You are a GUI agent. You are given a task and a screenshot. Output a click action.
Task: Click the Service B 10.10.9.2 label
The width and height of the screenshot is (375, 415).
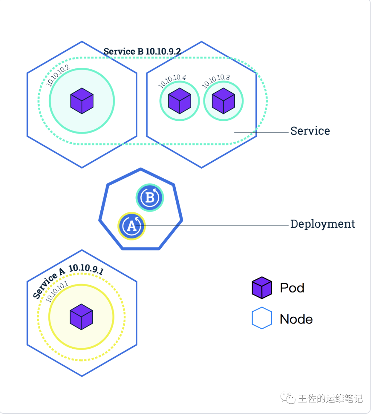pyautogui.click(x=142, y=51)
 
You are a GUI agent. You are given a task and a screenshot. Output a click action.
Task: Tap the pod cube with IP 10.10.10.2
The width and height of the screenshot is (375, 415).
pyautogui.click(x=82, y=101)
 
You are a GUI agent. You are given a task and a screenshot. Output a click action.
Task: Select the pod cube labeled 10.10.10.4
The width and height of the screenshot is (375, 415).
pyautogui.click(x=180, y=101)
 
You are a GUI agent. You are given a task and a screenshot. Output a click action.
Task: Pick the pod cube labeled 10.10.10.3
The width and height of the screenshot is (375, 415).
pyautogui.click(x=223, y=101)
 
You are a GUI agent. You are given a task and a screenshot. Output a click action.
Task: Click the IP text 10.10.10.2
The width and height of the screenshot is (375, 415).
pyautogui.click(x=58, y=75)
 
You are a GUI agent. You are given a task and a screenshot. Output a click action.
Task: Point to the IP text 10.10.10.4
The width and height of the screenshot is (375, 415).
pyautogui.click(x=172, y=81)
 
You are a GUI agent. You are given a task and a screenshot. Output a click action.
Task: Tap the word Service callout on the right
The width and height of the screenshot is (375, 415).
pyautogui.click(x=310, y=131)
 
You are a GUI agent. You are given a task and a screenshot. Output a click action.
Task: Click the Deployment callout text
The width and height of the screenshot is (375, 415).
pyautogui.click(x=322, y=224)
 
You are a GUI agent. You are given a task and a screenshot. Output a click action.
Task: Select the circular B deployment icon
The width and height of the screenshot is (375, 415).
pyautogui.click(x=150, y=197)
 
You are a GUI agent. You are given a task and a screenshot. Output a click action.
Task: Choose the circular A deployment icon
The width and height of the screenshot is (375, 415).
pyautogui.click(x=131, y=226)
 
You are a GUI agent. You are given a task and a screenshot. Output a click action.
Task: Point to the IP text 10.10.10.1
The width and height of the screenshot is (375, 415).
pyautogui.click(x=57, y=292)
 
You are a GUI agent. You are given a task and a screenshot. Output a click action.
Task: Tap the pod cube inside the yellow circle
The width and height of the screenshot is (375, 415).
pyautogui.click(x=81, y=317)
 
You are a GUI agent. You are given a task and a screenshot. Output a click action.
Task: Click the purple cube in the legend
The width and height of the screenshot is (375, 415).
pyautogui.click(x=262, y=288)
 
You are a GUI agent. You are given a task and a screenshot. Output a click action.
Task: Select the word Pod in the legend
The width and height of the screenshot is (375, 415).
pyautogui.click(x=292, y=288)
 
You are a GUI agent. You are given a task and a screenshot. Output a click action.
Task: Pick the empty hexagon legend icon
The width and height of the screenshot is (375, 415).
pyautogui.click(x=262, y=318)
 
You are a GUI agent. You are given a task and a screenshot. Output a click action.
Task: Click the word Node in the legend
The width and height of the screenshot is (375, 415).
pyautogui.click(x=296, y=319)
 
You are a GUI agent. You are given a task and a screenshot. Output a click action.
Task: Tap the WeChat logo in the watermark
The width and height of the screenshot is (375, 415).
pyautogui.click(x=288, y=398)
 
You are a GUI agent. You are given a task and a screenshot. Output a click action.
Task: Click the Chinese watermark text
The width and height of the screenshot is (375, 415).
pyautogui.click(x=330, y=398)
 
